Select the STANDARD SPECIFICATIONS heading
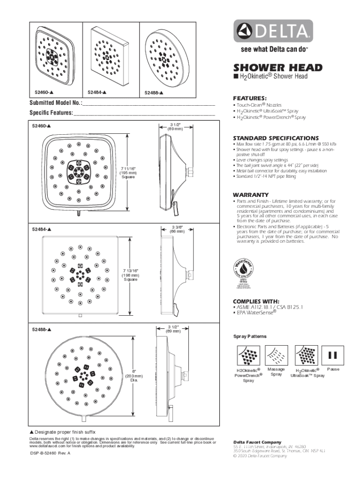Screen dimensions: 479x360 (276, 138)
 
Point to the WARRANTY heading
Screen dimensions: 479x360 (251, 195)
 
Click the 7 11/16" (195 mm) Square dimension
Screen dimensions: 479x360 (128, 172)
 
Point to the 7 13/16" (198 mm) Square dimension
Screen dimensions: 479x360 (130, 275)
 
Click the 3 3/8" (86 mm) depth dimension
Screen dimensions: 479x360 (177, 229)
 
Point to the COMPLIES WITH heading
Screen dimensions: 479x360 (256, 301)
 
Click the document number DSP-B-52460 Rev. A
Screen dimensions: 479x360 (50, 454)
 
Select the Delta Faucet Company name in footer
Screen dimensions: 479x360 (257, 442)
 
